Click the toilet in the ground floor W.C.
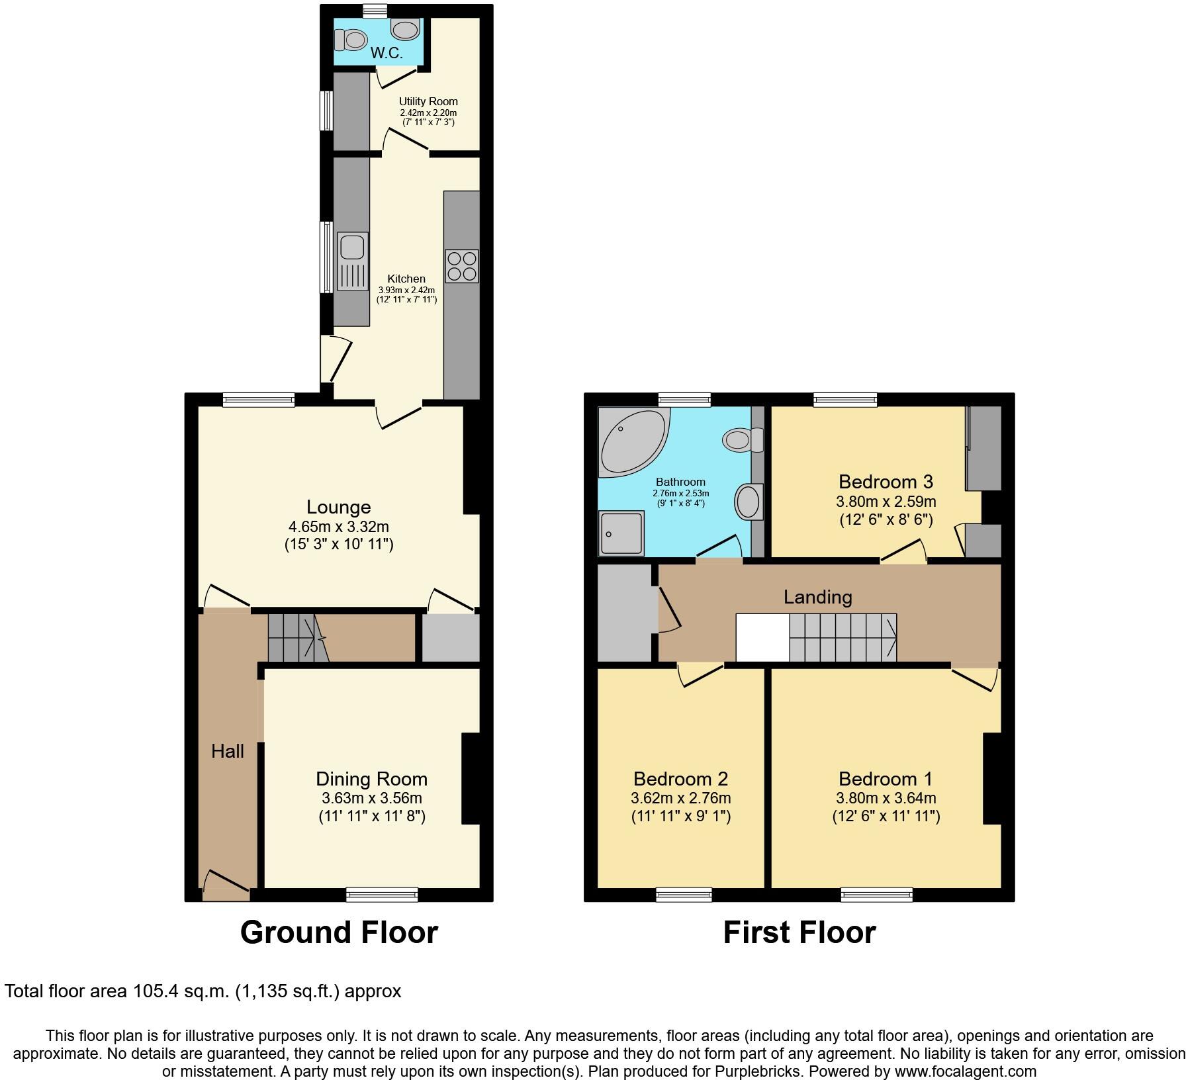tap(351, 40)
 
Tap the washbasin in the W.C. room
tap(405, 29)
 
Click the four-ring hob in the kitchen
tap(461, 266)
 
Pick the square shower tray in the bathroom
tap(621, 533)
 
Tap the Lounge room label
tap(338, 508)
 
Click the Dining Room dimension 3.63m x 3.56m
tap(371, 798)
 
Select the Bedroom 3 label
tap(886, 482)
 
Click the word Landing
tap(817, 598)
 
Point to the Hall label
tap(228, 751)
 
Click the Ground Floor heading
tap(339, 932)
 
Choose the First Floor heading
tap(799, 932)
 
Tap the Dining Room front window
tap(382, 895)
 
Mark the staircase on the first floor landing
tap(842, 637)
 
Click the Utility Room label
tap(428, 101)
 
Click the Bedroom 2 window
tap(684, 895)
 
